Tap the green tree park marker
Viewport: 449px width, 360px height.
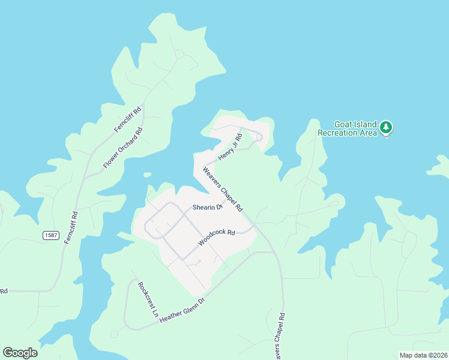tap(386, 127)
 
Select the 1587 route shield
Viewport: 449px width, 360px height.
tap(51, 235)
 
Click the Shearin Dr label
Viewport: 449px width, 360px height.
tap(207, 208)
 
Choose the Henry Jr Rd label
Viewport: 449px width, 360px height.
tap(229, 147)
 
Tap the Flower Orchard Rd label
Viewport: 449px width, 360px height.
tap(122, 148)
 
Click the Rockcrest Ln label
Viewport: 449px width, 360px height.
tap(147, 299)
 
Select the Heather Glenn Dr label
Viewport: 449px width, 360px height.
tap(182, 310)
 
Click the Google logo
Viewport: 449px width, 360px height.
tap(20, 353)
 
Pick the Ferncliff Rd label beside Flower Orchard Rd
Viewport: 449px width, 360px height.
tap(127, 119)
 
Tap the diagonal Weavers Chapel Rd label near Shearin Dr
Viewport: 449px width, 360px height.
tap(222, 188)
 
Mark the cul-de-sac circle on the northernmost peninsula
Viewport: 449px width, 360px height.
tap(179, 54)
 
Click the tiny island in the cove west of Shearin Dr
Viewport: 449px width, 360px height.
tap(146, 175)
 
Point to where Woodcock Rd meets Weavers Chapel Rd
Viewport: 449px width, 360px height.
tap(255, 224)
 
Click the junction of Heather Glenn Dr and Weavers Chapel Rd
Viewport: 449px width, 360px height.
tap(273, 252)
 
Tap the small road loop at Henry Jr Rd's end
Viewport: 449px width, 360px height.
tap(259, 137)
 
